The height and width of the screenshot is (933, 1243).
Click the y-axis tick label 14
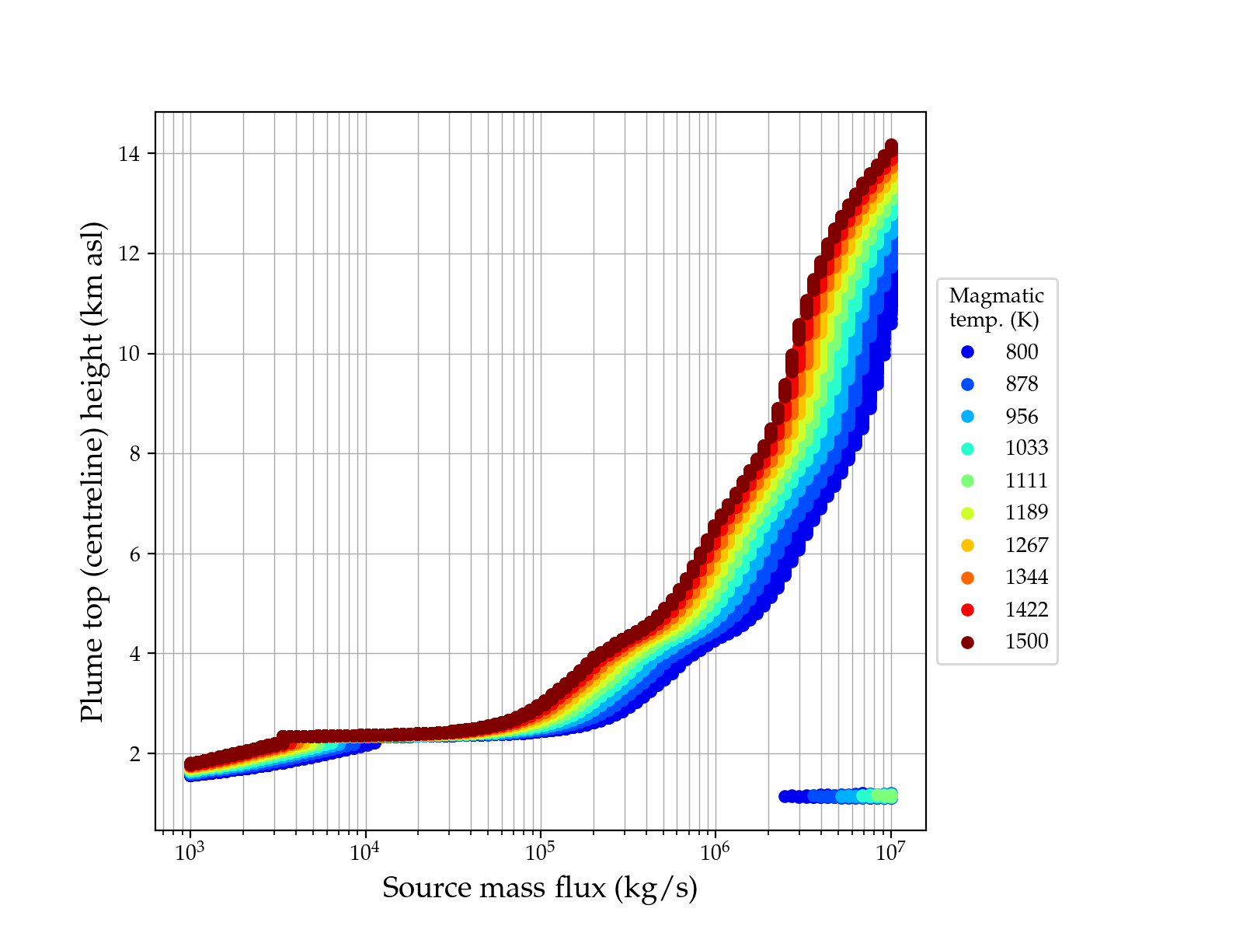pos(129,154)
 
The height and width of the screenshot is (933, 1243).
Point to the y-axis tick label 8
pos(134,454)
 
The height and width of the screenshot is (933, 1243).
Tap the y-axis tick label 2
pos(134,754)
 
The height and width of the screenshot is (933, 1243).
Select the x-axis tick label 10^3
pos(190,852)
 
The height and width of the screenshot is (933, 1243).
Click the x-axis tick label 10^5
pos(540,852)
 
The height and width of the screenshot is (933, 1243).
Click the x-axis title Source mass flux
pos(540,888)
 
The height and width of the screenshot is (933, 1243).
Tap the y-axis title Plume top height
pos(92,471)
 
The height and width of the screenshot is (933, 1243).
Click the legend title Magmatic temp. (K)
pos(997,308)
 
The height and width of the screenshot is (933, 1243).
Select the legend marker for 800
pos(967,352)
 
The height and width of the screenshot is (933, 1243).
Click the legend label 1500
pos(1026,641)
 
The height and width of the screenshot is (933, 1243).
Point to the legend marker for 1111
pos(967,480)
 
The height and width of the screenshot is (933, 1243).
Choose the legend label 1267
pos(1026,545)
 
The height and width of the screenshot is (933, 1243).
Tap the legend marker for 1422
pos(967,610)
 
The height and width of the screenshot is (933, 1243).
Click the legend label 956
pos(1022,417)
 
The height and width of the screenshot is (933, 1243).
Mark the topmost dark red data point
pos(891,146)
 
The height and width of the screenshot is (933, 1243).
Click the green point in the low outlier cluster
pos(883,795)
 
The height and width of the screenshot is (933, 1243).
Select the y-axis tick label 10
pos(129,354)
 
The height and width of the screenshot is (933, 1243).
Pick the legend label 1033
pos(1026,449)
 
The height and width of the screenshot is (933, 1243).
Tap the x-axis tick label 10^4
pos(364,852)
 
